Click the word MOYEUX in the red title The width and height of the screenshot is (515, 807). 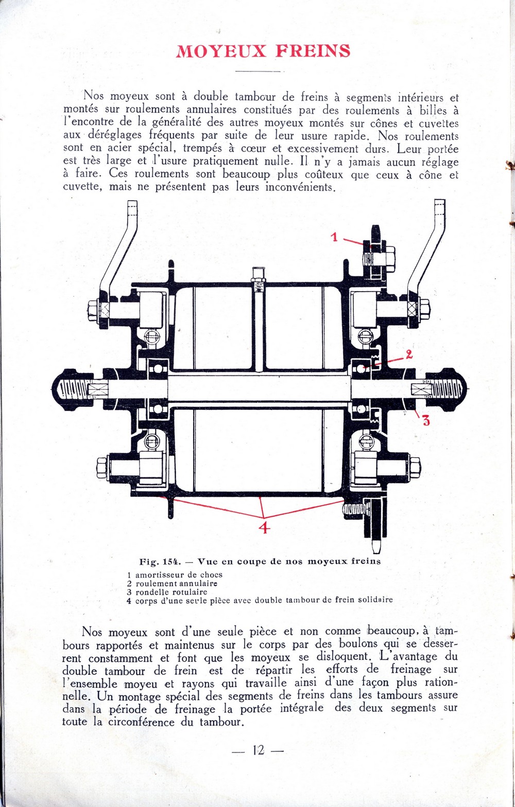point(220,51)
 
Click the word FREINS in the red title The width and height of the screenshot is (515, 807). point(313,51)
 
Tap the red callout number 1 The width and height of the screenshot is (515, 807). point(335,237)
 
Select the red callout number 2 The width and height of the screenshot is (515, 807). point(409,354)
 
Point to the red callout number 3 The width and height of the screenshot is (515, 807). point(426,421)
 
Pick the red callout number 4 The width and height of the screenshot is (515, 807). point(264,527)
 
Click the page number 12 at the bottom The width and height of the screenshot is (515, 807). point(258,750)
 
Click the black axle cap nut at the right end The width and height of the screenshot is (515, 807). point(453,388)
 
